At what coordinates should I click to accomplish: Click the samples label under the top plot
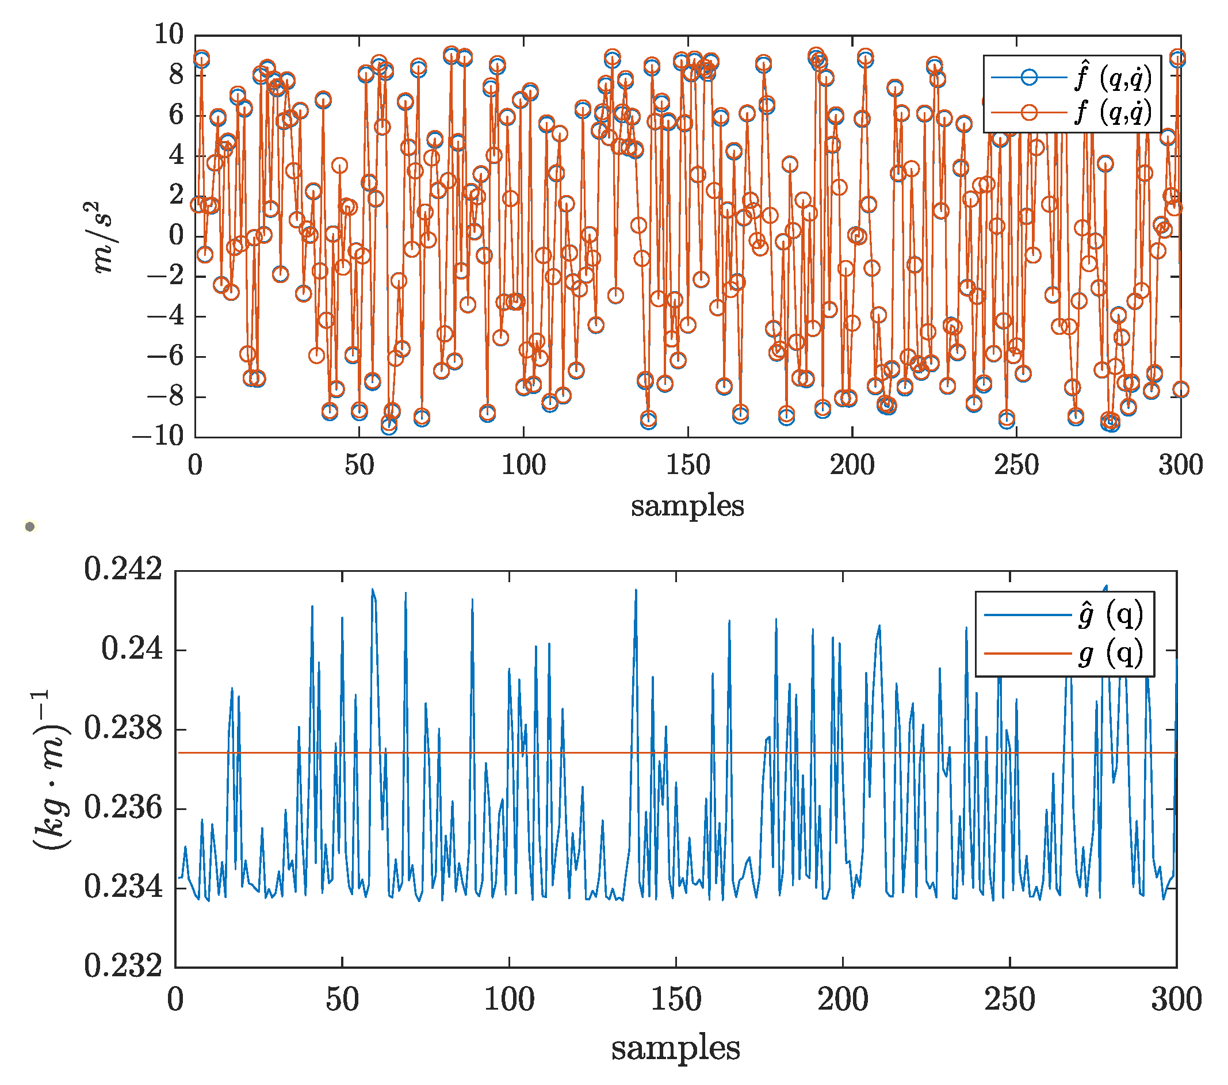[x=687, y=506]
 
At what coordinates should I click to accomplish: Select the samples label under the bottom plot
[x=675, y=1048]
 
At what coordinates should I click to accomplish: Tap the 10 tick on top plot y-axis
[x=169, y=35]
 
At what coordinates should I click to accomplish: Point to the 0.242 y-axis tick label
[x=123, y=569]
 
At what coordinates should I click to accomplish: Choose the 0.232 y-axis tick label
[x=123, y=966]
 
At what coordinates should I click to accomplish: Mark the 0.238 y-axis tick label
[x=123, y=729]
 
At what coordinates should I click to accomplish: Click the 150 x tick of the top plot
[x=687, y=465]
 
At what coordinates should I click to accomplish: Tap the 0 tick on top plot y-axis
[x=176, y=235]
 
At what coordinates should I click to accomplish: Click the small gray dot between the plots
[x=30, y=527]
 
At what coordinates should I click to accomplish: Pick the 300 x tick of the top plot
[x=1180, y=465]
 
